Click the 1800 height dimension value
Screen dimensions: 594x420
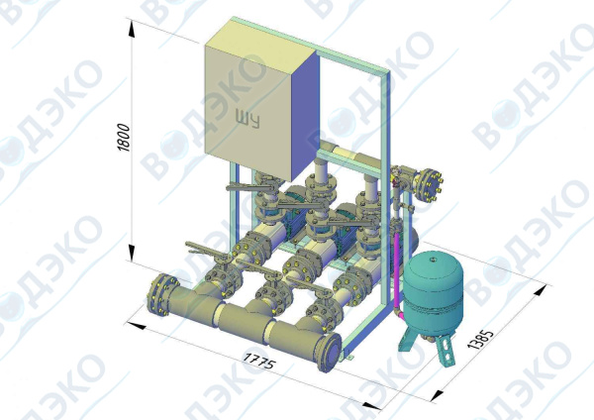[x=125, y=137]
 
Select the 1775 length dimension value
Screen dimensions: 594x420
[x=258, y=361]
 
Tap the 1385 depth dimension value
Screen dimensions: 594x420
[x=481, y=339]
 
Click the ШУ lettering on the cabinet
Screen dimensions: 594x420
[x=247, y=119]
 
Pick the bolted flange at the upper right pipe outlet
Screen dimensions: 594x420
[x=428, y=185]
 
